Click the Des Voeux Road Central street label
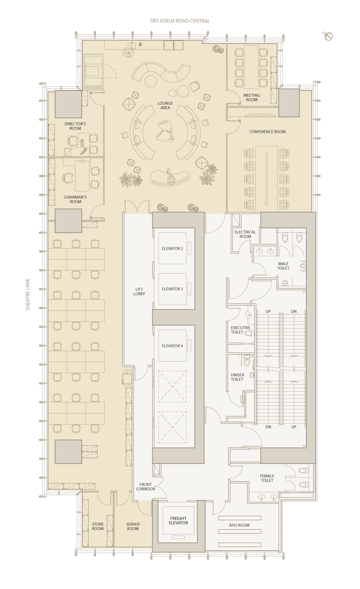180,21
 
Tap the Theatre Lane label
28,294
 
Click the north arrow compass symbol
328,36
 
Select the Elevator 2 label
172,249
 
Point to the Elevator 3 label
172,289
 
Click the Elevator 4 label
172,346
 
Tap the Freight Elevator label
178,521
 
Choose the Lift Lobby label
139,292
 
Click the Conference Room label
267,132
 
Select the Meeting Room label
252,98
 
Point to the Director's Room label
75,126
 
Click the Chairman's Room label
75,200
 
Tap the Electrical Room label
245,234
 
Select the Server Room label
133,527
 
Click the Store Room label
98,527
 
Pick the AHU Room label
239,525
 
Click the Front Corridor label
146,487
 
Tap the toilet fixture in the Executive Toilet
249,333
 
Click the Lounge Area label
165,106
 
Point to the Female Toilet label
267,478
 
